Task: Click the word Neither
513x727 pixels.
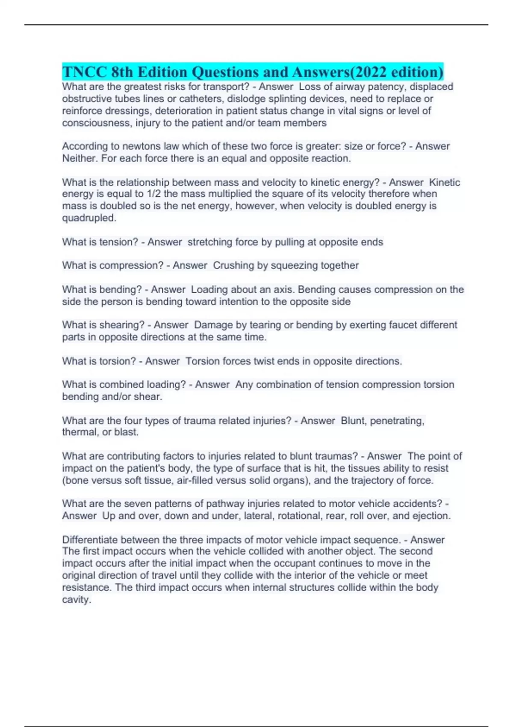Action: tap(79, 158)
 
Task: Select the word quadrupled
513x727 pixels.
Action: tap(88, 218)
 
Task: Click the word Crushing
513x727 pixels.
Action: tap(233, 266)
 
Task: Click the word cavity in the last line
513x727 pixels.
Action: tap(76, 600)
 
